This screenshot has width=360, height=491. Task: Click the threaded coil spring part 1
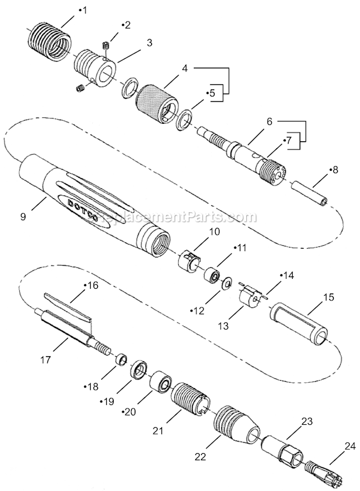49,37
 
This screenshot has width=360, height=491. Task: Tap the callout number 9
23,217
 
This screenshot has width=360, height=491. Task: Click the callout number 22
200,457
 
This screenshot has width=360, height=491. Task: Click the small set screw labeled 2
106,45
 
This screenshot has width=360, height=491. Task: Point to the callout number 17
45,360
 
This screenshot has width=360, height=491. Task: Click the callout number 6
269,121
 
